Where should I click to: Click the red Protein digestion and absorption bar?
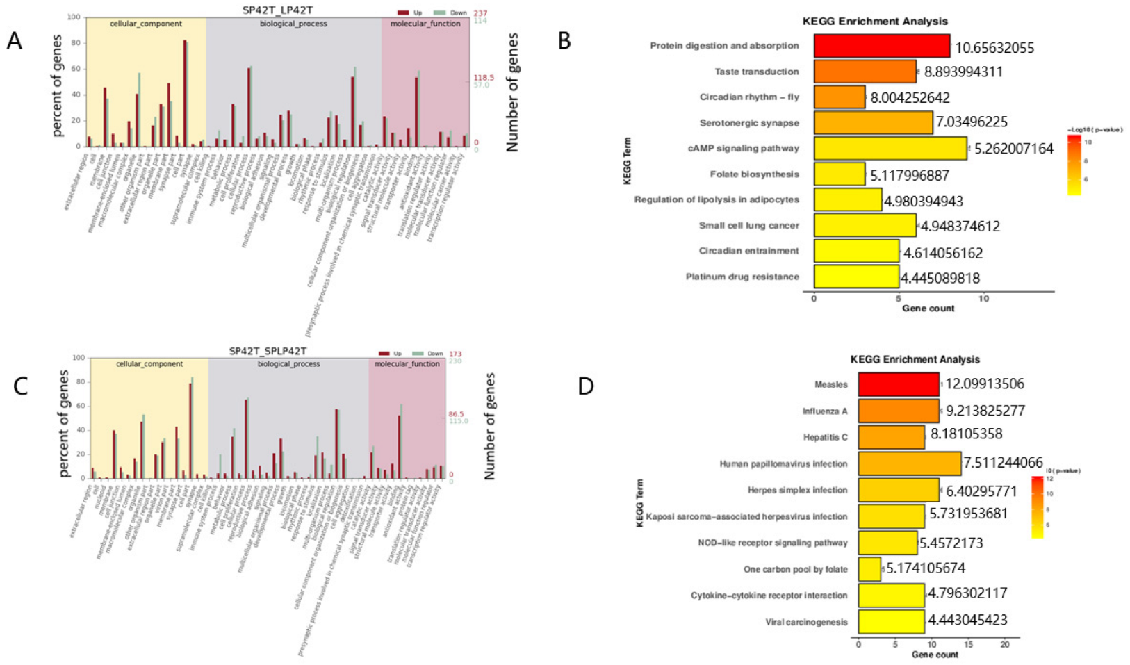[881, 46]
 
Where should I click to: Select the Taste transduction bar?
[865, 72]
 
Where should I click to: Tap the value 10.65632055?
[994, 48]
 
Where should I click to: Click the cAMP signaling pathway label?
[753, 148]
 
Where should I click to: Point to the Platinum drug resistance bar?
[856, 277]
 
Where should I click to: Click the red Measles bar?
[898, 384]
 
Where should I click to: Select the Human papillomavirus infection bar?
[909, 463]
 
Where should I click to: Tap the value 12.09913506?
[984, 384]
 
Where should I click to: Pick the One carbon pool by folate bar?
[869, 569]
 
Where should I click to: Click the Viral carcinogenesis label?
[806, 622]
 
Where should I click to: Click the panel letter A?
[14, 42]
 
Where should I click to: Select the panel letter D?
[585, 386]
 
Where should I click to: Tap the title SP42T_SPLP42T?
[268, 352]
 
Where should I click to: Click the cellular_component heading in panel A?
[145, 24]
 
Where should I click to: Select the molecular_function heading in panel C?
[407, 364]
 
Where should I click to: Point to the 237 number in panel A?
[480, 13]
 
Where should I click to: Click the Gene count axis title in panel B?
[928, 308]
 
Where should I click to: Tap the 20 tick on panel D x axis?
[1004, 645]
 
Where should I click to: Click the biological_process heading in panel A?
[293, 24]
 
